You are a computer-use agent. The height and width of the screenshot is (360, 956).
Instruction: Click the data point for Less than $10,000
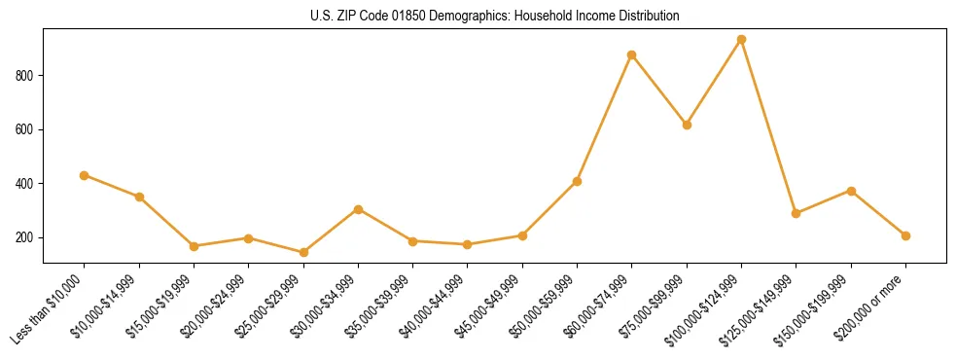(x=85, y=175)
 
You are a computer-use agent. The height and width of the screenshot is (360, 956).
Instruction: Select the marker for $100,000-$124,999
(x=741, y=40)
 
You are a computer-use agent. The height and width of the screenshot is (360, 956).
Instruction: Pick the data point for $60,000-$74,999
(x=632, y=54)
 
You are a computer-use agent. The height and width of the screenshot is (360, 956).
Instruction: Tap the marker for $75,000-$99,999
(x=687, y=125)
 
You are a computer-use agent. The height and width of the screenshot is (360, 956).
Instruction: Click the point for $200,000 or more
(x=905, y=235)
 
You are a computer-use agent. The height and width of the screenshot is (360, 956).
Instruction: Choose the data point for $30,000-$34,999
(x=359, y=209)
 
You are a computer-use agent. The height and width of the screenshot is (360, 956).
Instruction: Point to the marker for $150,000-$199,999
(x=851, y=191)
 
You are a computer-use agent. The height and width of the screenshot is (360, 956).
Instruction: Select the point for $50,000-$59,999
(x=578, y=181)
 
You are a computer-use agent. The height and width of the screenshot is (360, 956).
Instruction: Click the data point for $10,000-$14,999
(x=139, y=197)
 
